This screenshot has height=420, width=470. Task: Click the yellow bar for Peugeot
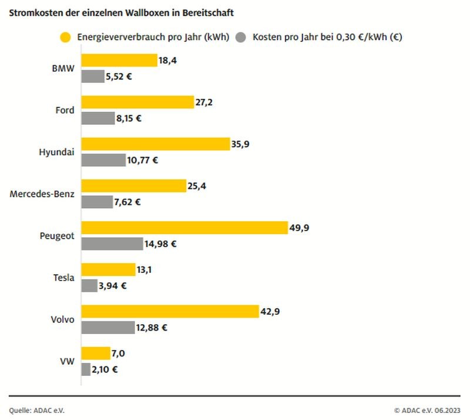184,228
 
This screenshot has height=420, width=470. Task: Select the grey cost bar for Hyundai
103,160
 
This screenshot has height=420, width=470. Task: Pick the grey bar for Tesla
89,286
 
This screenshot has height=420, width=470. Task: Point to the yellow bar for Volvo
170,311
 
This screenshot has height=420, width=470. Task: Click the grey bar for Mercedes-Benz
97,202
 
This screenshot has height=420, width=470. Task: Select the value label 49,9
298,228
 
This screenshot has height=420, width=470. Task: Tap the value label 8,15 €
129,118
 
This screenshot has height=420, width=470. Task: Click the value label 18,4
168,60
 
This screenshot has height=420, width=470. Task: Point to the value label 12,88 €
152,328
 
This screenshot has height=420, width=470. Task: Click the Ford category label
64,110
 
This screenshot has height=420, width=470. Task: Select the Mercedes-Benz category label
42,194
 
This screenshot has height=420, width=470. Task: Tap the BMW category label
63,68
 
